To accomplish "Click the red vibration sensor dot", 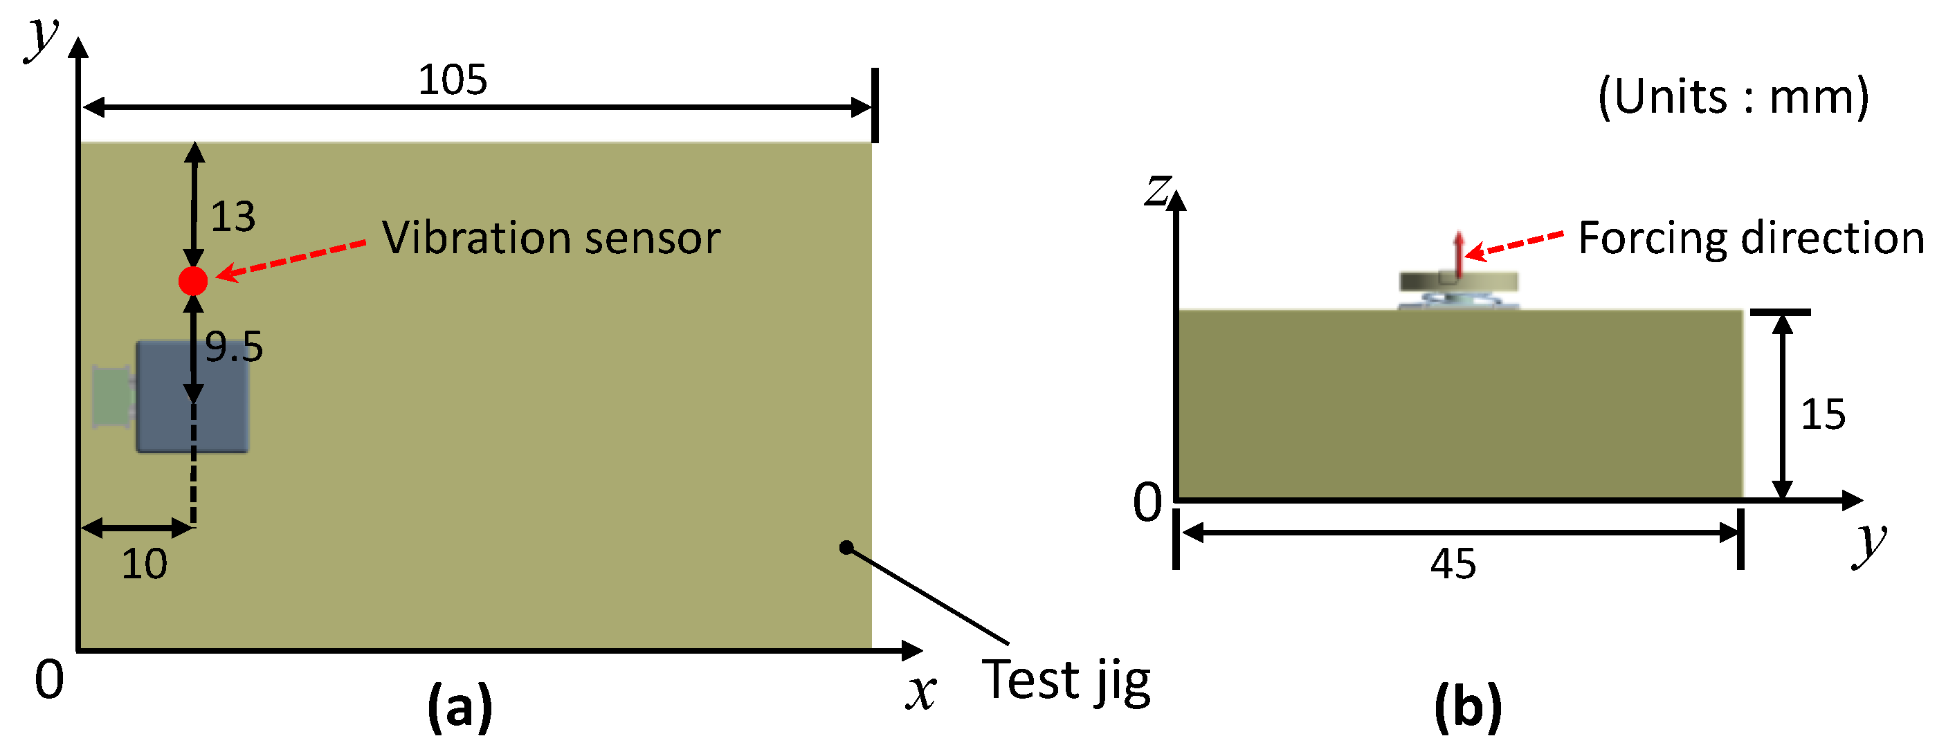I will point(193,280).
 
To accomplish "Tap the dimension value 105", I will point(453,80).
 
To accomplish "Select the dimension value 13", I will point(233,217).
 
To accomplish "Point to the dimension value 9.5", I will point(234,347).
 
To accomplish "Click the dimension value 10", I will point(145,564).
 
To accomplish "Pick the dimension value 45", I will point(1453,564).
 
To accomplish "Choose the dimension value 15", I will point(1823,414).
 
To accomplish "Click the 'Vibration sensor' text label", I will point(550,239).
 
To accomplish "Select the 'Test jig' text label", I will point(1066,681).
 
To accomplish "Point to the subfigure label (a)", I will point(460,705).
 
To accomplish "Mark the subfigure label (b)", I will point(1468,705).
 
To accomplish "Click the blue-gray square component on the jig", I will point(192,397).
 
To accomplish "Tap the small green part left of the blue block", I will point(111,396).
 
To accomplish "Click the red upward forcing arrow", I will point(1458,254).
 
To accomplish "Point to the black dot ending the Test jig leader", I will point(846,547).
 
